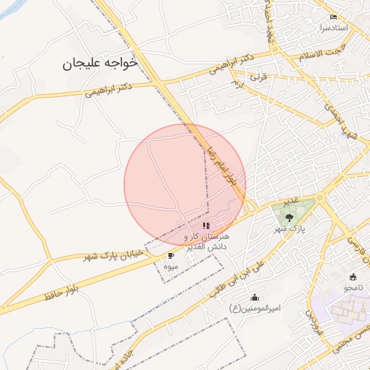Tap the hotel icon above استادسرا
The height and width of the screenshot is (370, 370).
pos(333,17)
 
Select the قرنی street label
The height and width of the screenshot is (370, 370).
pos(259,75)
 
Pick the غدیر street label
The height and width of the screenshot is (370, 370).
pos(291,198)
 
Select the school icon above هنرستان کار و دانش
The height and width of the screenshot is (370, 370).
pos(207,225)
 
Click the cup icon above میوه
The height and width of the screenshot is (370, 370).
pos(171,256)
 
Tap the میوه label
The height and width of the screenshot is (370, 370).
pos(170,267)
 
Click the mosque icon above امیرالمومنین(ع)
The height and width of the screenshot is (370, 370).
pos(254,297)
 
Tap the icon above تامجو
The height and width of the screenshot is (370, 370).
pos(353,277)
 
